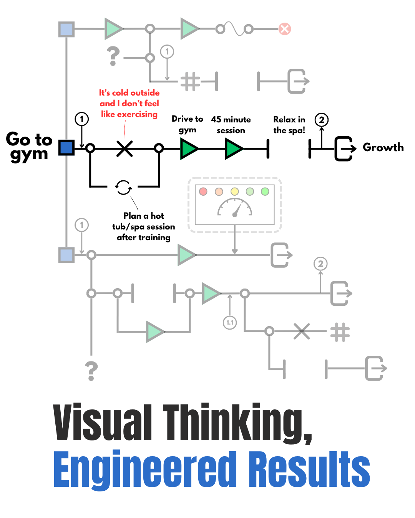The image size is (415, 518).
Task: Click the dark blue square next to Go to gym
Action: [66, 148]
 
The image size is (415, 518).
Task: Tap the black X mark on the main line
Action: [124, 148]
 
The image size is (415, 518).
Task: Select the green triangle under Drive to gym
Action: [189, 148]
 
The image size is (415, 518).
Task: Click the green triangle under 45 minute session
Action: [234, 148]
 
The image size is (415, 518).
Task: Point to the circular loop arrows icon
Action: [124, 187]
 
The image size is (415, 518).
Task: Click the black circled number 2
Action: [322, 120]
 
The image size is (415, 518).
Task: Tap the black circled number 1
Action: [81, 119]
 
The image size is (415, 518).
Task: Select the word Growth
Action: [383, 147]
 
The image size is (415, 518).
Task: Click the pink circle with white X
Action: [284, 29]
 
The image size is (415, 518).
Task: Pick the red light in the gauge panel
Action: [203, 191]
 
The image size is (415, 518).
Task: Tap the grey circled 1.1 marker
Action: [230, 322]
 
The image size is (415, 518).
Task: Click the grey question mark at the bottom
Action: [91, 371]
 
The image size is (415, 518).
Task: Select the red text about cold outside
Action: [129, 104]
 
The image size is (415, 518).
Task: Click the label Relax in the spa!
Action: [289, 125]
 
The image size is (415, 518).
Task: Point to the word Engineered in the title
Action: [145, 470]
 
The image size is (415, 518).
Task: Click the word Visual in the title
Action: [103, 422]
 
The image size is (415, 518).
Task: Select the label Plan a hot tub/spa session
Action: [144, 226]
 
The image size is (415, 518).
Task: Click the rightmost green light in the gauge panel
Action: [265, 191]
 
